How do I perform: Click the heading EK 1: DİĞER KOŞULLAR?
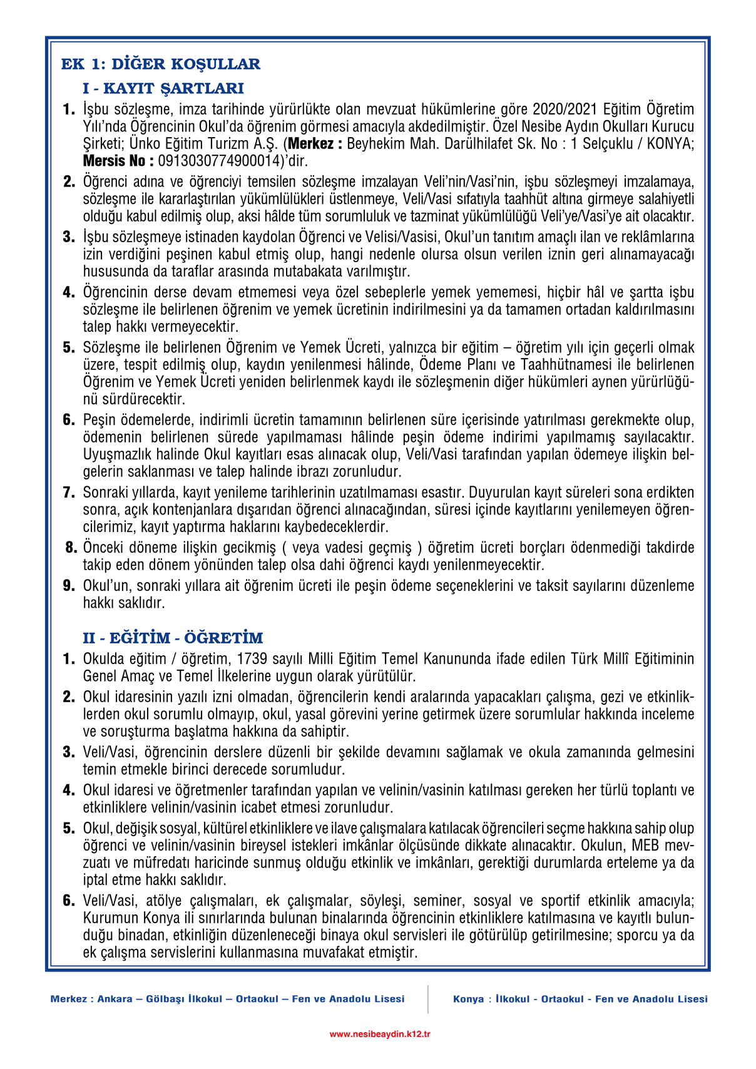[x=160, y=64]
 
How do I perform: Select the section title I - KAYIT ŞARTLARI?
[x=163, y=88]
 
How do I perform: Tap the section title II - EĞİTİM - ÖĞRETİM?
[x=173, y=638]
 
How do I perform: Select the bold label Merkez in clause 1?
[x=315, y=144]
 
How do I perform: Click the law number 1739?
[x=253, y=659]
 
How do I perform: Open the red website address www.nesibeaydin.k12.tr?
[x=379, y=1034]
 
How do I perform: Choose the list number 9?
[x=69, y=586]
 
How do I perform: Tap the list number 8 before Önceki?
[x=71, y=548]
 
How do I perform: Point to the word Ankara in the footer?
[x=115, y=999]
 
